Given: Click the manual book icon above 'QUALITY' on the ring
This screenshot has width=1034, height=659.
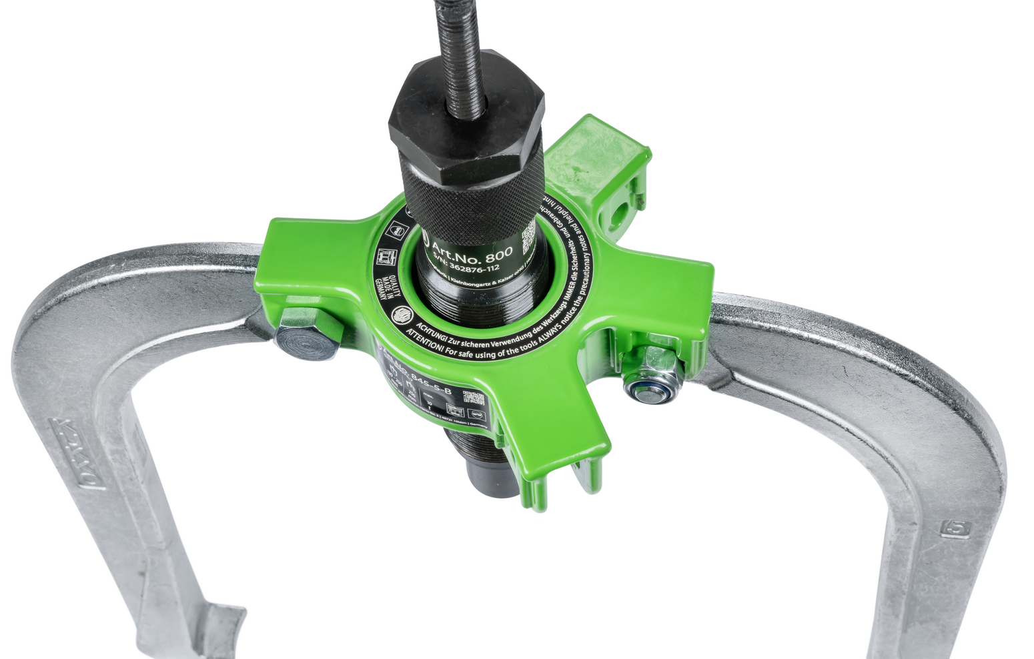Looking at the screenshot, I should point(384,257).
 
